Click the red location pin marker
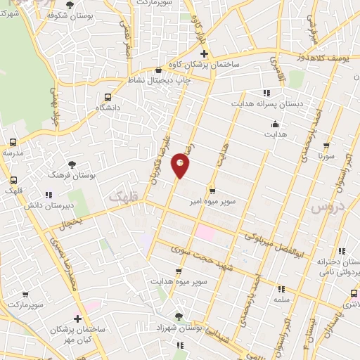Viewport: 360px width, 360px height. (181, 166)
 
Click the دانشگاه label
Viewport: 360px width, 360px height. (107, 108)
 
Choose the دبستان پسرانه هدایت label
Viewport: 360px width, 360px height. (269, 103)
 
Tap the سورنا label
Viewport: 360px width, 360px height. (324, 155)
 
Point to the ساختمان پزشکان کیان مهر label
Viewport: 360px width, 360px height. (78, 335)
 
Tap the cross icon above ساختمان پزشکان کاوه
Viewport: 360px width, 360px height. (203, 53)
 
